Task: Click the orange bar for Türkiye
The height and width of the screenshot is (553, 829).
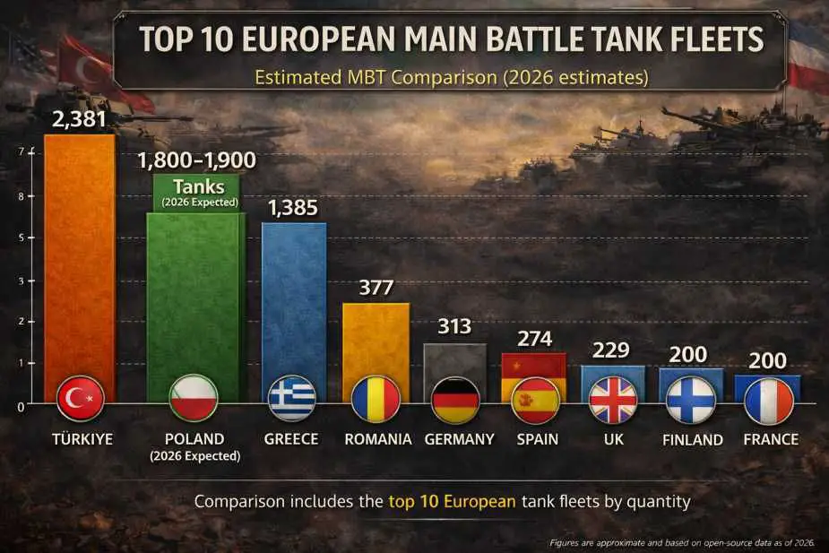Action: [79, 260]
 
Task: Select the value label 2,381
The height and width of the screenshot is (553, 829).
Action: [79, 117]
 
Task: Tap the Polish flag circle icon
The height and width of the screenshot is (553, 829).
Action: [194, 400]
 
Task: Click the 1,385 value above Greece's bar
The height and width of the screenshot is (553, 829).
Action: [292, 208]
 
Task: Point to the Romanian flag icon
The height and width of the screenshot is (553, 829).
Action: [376, 400]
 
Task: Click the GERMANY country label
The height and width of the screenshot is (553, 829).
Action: [459, 439]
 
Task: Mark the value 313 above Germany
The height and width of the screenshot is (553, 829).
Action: [454, 327]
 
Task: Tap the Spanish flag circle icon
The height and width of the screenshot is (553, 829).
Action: [535, 400]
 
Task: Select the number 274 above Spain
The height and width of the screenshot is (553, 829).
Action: [534, 339]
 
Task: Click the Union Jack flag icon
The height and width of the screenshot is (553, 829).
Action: [613, 400]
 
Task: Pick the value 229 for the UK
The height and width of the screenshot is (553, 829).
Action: [611, 350]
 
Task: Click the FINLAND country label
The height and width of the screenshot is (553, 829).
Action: [692, 440]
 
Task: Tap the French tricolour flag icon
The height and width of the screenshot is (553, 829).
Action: [769, 400]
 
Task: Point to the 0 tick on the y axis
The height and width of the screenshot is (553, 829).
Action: [21, 406]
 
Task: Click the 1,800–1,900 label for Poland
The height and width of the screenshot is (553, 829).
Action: [196, 160]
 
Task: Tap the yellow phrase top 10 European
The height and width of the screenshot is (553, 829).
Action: [452, 501]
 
